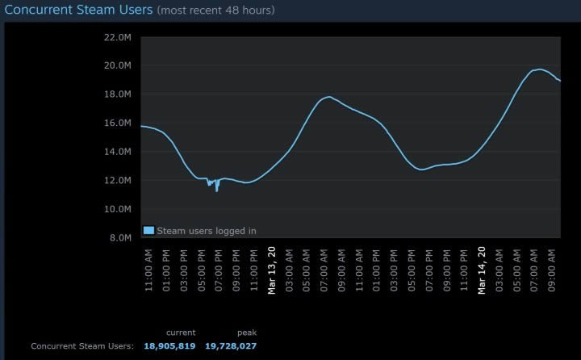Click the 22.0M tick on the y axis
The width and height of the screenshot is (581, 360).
coord(118,37)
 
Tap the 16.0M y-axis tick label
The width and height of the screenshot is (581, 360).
coord(118,123)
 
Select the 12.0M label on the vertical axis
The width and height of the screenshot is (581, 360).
coord(118,180)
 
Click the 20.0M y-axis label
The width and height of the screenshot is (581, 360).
coord(118,65)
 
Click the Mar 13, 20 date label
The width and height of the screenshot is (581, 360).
coord(272,274)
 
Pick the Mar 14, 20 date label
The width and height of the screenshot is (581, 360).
coord(483,274)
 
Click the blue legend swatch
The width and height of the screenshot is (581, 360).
coord(148,230)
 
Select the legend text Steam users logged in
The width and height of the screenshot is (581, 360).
coord(206,230)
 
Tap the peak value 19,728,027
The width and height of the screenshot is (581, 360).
coord(232,345)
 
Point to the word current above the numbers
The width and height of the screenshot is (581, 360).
coord(181,332)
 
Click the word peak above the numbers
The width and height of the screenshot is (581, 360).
coord(246,332)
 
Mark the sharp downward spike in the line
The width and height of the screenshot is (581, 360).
coord(216,190)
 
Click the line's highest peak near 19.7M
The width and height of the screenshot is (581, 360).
coord(538,69)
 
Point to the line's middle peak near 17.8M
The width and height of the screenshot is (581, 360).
coord(328,97)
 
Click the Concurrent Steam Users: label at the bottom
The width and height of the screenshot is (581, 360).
coord(82,345)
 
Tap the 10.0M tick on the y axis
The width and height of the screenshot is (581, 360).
coord(118,208)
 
